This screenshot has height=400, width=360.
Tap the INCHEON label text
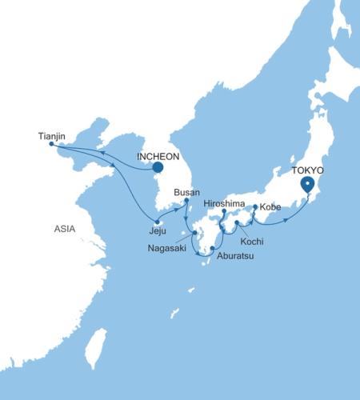pos(158,156)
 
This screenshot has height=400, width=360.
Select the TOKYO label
pos(308,170)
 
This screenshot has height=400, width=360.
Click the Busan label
pos(186,192)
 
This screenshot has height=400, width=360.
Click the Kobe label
pos(270,207)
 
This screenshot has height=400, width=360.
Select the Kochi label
pos(251,241)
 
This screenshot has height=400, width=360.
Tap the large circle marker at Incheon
pos(157,169)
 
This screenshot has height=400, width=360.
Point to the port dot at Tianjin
pos(51,144)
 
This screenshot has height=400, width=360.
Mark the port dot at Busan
pos(186,200)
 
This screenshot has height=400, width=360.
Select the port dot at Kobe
pos(255,207)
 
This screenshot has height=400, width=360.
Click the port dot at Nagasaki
pos(194,234)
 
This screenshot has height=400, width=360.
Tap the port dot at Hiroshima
pos(223,212)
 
